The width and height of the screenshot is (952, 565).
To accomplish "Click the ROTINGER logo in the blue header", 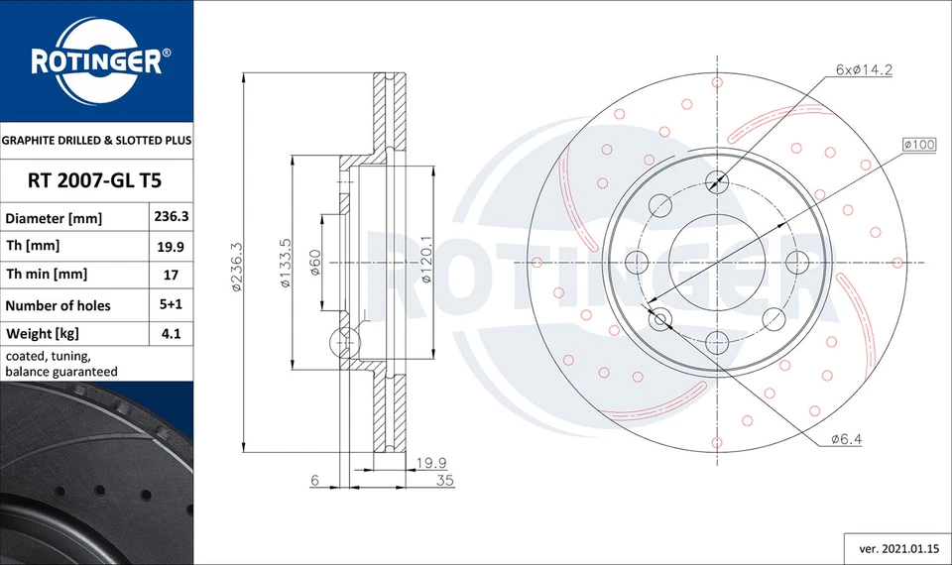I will [96, 61].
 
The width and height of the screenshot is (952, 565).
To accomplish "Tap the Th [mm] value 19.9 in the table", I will [169, 246].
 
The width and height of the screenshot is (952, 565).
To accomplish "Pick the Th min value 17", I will [169, 275].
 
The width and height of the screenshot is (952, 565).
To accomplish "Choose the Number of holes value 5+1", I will [169, 305].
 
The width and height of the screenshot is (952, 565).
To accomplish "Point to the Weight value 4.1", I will [169, 334].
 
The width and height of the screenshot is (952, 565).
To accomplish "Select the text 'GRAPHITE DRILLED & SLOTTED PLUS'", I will [96, 141].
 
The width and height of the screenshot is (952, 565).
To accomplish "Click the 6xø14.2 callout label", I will [865, 70].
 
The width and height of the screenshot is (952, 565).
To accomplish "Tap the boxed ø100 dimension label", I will [919, 145].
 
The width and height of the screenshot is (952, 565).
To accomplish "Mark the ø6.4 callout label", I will [845, 439].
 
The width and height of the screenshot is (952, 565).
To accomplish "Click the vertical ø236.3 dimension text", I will [237, 266].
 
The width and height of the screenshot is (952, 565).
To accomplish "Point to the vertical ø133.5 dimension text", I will [285, 263].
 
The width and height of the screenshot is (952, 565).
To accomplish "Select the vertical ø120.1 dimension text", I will [424, 260].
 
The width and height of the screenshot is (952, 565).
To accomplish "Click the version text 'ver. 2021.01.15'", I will [891, 546].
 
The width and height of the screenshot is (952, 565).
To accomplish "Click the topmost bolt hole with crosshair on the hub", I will [716, 180].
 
